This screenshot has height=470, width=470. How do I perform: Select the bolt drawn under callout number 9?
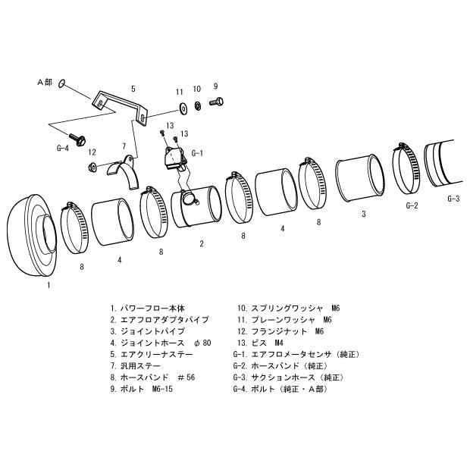(215, 101)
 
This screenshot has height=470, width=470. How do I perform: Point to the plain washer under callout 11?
(181, 104)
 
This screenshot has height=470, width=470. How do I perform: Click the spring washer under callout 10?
(197, 103)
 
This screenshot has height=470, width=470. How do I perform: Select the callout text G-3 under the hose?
(453, 199)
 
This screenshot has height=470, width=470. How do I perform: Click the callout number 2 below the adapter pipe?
(201, 243)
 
